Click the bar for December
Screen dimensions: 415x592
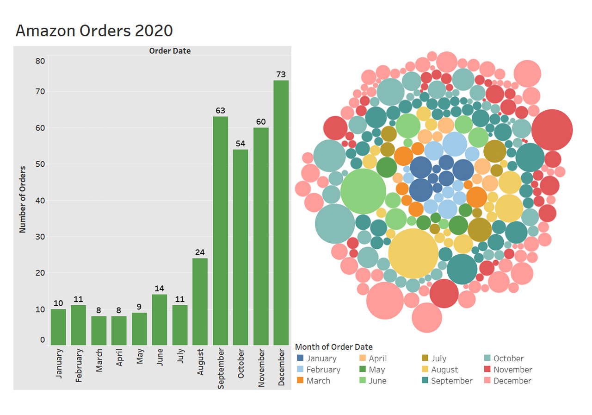tap(281, 213)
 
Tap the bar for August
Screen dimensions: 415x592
tap(200, 302)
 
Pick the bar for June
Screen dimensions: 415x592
tap(160, 320)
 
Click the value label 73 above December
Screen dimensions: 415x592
tap(281, 74)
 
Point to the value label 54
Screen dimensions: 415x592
tap(240, 143)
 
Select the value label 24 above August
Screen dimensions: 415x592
tap(200, 252)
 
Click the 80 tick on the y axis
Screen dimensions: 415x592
tap(40, 61)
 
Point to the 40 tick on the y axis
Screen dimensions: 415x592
tap(40, 201)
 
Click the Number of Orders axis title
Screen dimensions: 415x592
tap(23, 199)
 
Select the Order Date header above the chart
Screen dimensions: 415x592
tap(170, 51)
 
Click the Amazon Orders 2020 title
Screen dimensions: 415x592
tap(94, 31)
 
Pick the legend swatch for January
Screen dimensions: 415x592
tap(301, 358)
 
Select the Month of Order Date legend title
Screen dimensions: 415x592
tap(333, 347)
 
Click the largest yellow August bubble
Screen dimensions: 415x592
tap(413, 253)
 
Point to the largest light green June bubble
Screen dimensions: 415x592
tap(363, 191)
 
